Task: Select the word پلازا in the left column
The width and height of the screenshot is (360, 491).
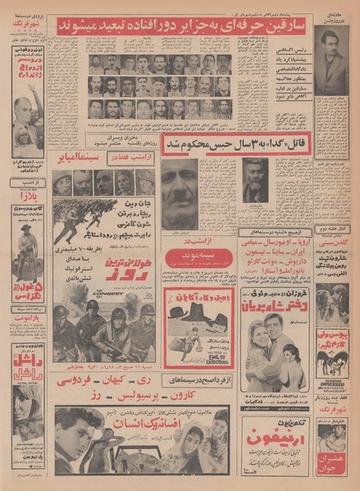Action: (x=26, y=198)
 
